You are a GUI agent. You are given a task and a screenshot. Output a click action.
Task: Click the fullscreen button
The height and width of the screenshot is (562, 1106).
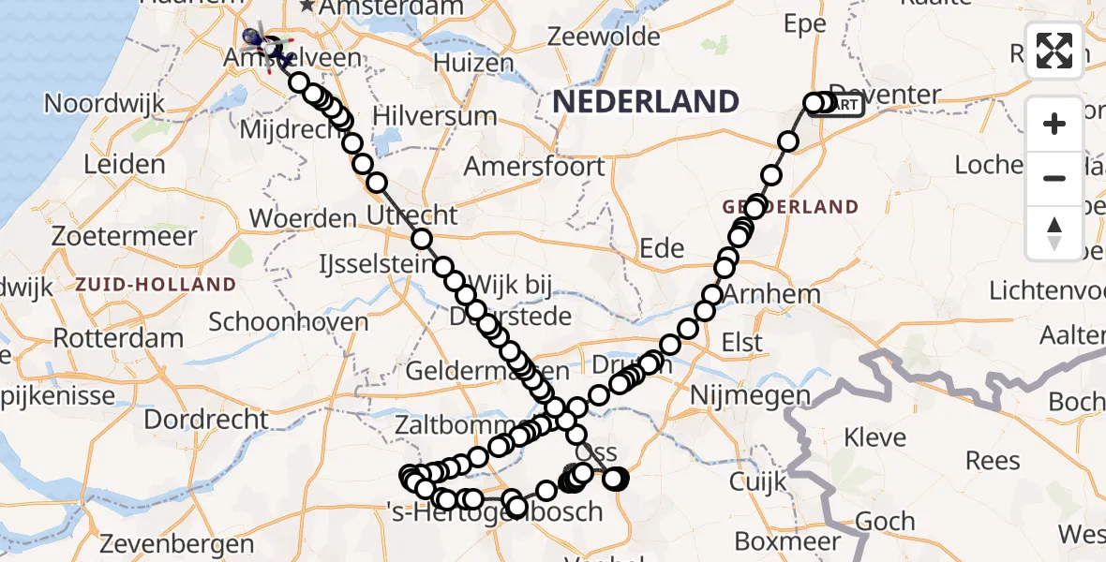coord(1054,51)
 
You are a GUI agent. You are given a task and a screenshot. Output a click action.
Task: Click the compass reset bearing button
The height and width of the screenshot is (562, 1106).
coord(1054,232)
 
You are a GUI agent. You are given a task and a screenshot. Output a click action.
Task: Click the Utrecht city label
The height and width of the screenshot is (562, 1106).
coord(413,214)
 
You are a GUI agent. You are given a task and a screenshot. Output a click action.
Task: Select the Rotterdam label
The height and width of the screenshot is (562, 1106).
coord(117,337)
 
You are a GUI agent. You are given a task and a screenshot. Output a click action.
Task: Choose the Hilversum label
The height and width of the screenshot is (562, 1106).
coord(435,116)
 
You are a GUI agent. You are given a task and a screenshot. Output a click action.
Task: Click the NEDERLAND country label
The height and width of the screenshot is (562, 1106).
coord(645,101)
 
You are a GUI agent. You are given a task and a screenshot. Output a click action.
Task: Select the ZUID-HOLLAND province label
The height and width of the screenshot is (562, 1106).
coord(156,284)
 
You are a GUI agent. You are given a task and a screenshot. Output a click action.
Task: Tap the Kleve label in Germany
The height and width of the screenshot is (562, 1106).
coord(874,437)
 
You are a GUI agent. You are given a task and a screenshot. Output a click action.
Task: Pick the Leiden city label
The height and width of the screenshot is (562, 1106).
coord(124,165)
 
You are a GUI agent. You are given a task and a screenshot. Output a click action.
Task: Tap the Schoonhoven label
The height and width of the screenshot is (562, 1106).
coord(289,321)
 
